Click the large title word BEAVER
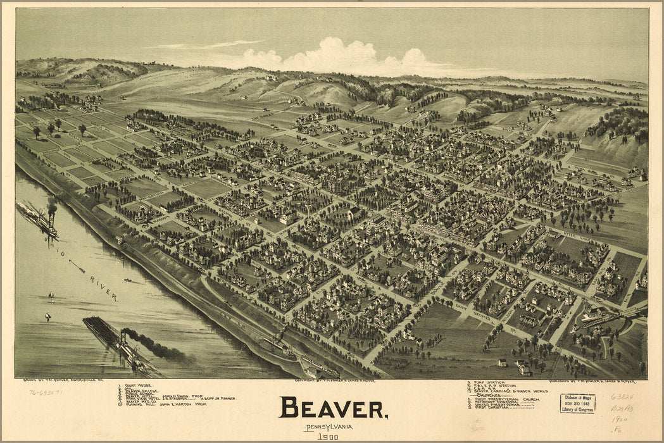point(334,408)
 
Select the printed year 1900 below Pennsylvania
point(327,437)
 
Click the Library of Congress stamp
point(577,403)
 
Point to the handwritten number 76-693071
point(46,392)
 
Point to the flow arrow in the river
point(77,266)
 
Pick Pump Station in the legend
point(487,383)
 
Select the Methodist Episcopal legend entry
point(500,404)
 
